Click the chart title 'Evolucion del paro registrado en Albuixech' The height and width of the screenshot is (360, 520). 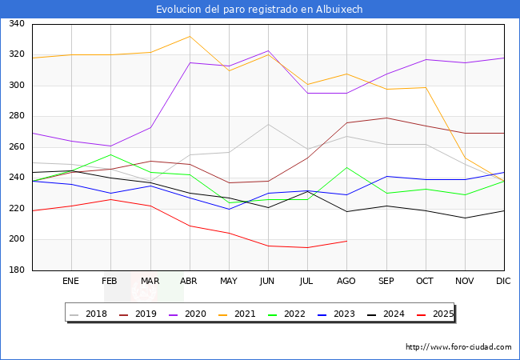tap(260, 9)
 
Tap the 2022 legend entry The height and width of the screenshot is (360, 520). tap(294, 314)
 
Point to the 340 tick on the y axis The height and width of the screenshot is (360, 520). tap(15, 24)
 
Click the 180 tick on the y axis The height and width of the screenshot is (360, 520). tap(15, 270)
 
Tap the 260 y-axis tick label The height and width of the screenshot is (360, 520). tap(15, 147)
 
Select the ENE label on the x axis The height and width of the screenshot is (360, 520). tap(71, 282)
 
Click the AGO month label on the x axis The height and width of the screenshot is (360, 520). tap(346, 282)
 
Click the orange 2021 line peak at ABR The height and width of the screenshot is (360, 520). tap(189, 36)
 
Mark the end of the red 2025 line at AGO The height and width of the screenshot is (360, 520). tap(346, 241)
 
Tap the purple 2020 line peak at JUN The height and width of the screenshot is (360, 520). tap(268, 51)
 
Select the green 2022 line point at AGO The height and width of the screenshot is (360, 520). tap(346, 167)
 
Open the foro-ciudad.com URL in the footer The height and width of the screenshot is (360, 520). tap(458, 347)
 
